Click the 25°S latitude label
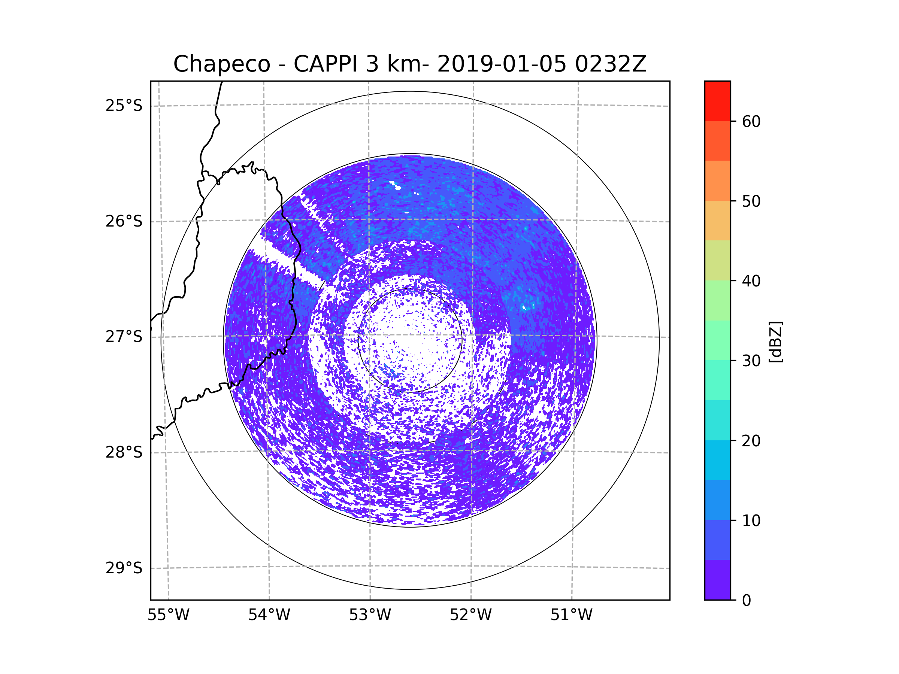[124, 106]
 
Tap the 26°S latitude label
[124, 221]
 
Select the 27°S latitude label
[124, 337]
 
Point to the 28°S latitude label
[124, 452]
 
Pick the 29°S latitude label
[124, 568]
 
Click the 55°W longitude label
[168, 615]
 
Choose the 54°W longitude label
[269, 615]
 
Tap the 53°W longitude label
[370, 615]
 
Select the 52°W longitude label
[470, 615]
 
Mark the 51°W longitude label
[571, 615]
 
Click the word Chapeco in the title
[221, 64]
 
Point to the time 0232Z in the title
[611, 64]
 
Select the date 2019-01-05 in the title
[502, 64]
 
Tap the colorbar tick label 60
[751, 121]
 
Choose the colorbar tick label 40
[751, 281]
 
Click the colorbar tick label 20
[751, 441]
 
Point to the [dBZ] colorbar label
[775, 341]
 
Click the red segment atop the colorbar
[717, 101]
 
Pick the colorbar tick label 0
[747, 601]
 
